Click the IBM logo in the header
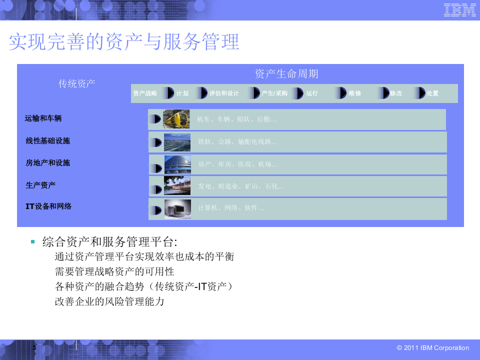tap(460, 10)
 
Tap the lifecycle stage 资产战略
tap(145, 93)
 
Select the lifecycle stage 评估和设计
tap(223, 93)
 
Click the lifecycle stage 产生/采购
tap(274, 93)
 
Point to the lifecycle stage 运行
tap(312, 93)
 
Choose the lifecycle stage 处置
tap(432, 93)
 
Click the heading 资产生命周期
tap(286, 74)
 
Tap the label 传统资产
tap(77, 83)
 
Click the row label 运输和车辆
tap(43, 119)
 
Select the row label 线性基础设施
tap(48, 141)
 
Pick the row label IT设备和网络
tap(48, 206)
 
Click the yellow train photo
tap(176, 119)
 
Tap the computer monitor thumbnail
tap(177, 209)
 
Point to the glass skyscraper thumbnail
tap(177, 164)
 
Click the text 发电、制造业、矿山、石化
tap(241, 186)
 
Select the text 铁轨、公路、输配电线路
tap(237, 142)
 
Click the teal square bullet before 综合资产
tap(32, 242)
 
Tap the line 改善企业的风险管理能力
tap(109, 302)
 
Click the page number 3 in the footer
tap(34, 347)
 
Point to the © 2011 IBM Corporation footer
tap(432, 348)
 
